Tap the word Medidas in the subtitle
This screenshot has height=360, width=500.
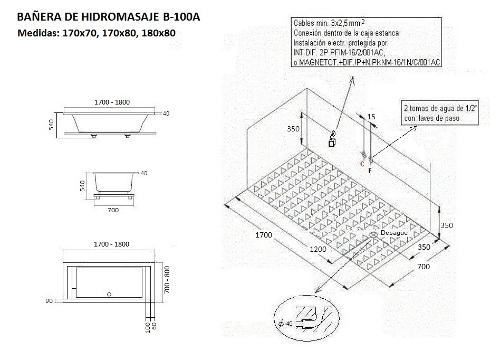click(x=39, y=33)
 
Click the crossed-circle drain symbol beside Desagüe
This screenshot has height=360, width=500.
click(x=373, y=234)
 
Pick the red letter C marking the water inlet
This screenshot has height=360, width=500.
click(x=362, y=164)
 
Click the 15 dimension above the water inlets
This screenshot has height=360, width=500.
click(x=371, y=116)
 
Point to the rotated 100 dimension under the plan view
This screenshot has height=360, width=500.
click(x=147, y=328)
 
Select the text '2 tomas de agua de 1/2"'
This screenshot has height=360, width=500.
click(x=439, y=108)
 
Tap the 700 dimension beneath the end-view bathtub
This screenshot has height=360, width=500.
click(x=112, y=210)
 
